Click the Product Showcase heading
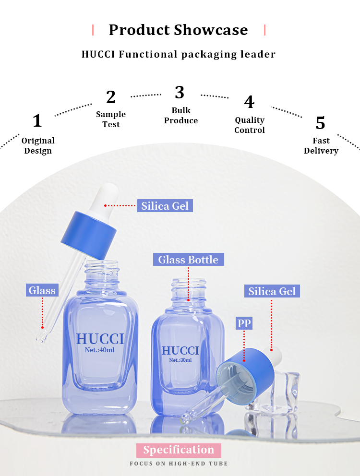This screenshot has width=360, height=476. click(x=179, y=30)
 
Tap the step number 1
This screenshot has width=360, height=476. click(x=37, y=120)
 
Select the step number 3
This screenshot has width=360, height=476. click(x=180, y=92)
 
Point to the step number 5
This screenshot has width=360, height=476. click(x=320, y=123)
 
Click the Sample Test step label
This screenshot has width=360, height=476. click(x=111, y=119)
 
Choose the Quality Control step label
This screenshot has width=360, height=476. click(x=250, y=125)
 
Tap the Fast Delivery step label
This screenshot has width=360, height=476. click(x=321, y=145)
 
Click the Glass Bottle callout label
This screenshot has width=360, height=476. click(x=188, y=260)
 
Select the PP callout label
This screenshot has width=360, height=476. click(x=244, y=323)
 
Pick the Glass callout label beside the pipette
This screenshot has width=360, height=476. click(x=42, y=290)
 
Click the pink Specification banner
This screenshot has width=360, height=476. click(x=179, y=450)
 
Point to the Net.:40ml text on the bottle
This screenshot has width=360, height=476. click(x=100, y=350)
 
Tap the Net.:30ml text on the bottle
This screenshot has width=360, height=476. click(x=180, y=360)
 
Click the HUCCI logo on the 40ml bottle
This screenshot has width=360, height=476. click(x=100, y=339)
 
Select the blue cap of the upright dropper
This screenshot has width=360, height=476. click(x=89, y=235)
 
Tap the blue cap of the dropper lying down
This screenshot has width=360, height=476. click(x=245, y=376)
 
